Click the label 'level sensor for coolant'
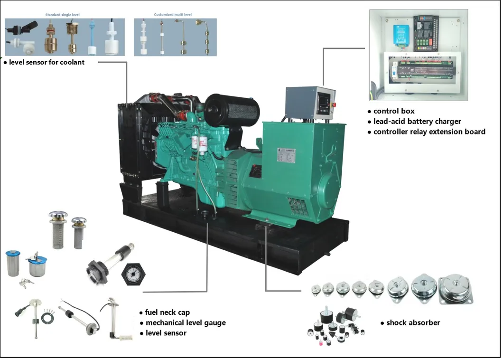pyautogui.click(x=47, y=62)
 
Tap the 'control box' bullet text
pyautogui.click(x=393, y=111)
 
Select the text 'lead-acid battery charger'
pyautogui.click(x=417, y=122)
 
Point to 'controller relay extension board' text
pyautogui.click(x=428, y=132)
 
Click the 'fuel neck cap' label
pyautogui.click(x=167, y=313)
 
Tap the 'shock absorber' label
pyautogui.click(x=412, y=323)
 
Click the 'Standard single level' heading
pyautogui.click(x=63, y=15)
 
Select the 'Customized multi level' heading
pyautogui.click(x=172, y=15)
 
